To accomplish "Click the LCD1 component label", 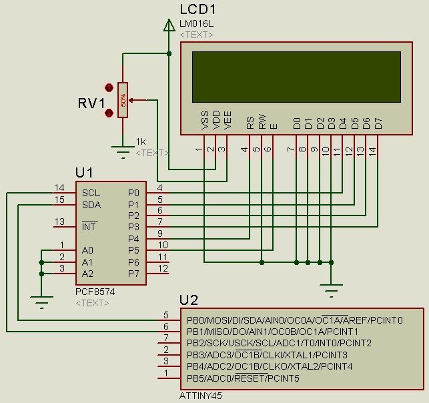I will pos(198,9).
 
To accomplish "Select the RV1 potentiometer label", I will pos(91,103).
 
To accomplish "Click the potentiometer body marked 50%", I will pos(123,100).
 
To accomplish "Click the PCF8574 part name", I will pos(93,292).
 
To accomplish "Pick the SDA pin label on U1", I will pos(91,204).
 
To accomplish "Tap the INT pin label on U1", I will pos(90,227).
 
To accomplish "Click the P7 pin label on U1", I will pos(133,273).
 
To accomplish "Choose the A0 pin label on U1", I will pos(87,250).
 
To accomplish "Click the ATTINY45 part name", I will pos(201,395).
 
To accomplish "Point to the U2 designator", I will pos(189,300).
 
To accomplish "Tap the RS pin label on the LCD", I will pos(250,123).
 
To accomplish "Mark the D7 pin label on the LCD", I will pos(378,123).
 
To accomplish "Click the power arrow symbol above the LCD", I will pos(167,25).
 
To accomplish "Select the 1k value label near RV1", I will pos(140,141).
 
